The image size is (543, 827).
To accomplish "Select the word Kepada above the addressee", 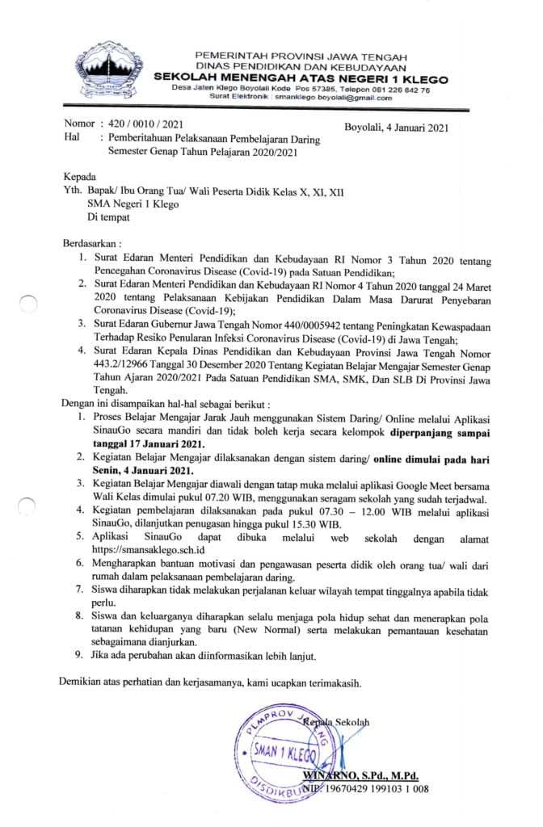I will coord(78,177).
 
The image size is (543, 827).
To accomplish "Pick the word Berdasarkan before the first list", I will coord(90,242).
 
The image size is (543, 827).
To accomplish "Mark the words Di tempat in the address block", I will coord(107,216).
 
